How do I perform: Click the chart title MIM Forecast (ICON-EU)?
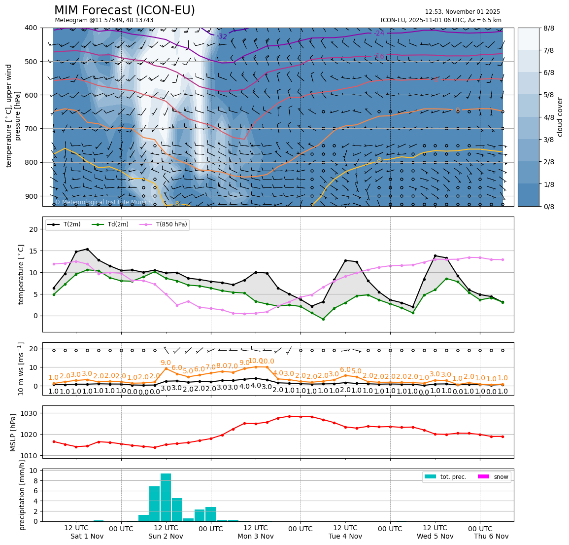(124, 10)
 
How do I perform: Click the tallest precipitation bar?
(166, 497)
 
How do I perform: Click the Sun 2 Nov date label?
(166, 536)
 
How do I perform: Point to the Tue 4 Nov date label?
(345, 536)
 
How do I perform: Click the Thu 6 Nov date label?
(491, 536)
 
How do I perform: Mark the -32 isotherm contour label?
(222, 36)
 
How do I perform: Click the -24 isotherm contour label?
(378, 33)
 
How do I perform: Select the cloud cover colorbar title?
(560, 117)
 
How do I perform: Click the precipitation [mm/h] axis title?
(22, 495)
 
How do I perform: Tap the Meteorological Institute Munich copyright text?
(103, 202)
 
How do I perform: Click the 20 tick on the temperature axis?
(33, 229)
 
